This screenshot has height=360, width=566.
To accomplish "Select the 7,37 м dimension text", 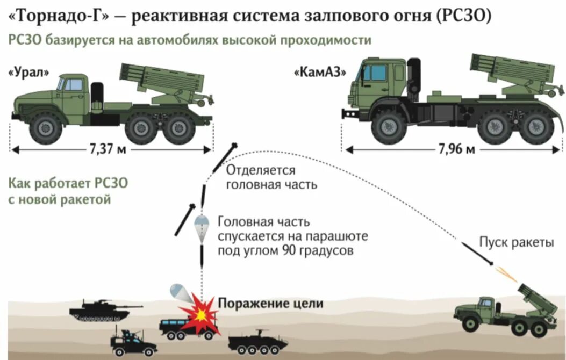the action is tap(105, 149).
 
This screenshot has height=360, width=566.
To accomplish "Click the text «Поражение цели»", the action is tap(270, 303).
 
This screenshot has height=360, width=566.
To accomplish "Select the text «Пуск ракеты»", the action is tap(517, 242).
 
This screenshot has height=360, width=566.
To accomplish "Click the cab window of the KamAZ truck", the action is tap(376, 73).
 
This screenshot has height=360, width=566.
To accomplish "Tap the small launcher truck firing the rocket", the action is tap(503, 312).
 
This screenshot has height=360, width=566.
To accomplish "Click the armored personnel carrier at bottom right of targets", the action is tap(257, 342).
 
